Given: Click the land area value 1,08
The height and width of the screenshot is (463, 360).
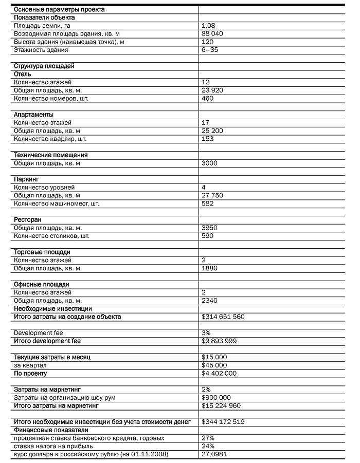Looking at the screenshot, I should (x=209, y=26).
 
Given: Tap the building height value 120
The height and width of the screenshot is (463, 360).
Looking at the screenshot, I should (x=208, y=42).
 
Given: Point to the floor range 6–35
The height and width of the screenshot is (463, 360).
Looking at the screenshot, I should (x=210, y=50).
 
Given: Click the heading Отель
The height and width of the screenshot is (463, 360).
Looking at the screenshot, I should (x=23, y=75).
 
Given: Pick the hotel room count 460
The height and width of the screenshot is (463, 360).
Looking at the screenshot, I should (x=208, y=98).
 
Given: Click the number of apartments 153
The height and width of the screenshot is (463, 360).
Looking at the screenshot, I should (x=208, y=139).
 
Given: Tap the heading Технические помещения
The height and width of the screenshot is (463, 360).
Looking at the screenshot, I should (x=51, y=155).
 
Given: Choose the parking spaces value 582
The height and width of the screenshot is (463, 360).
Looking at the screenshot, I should (x=208, y=204).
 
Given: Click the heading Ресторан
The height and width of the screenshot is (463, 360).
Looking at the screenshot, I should (x=28, y=220).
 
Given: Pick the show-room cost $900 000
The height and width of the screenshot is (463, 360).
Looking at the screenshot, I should (x=217, y=398).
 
